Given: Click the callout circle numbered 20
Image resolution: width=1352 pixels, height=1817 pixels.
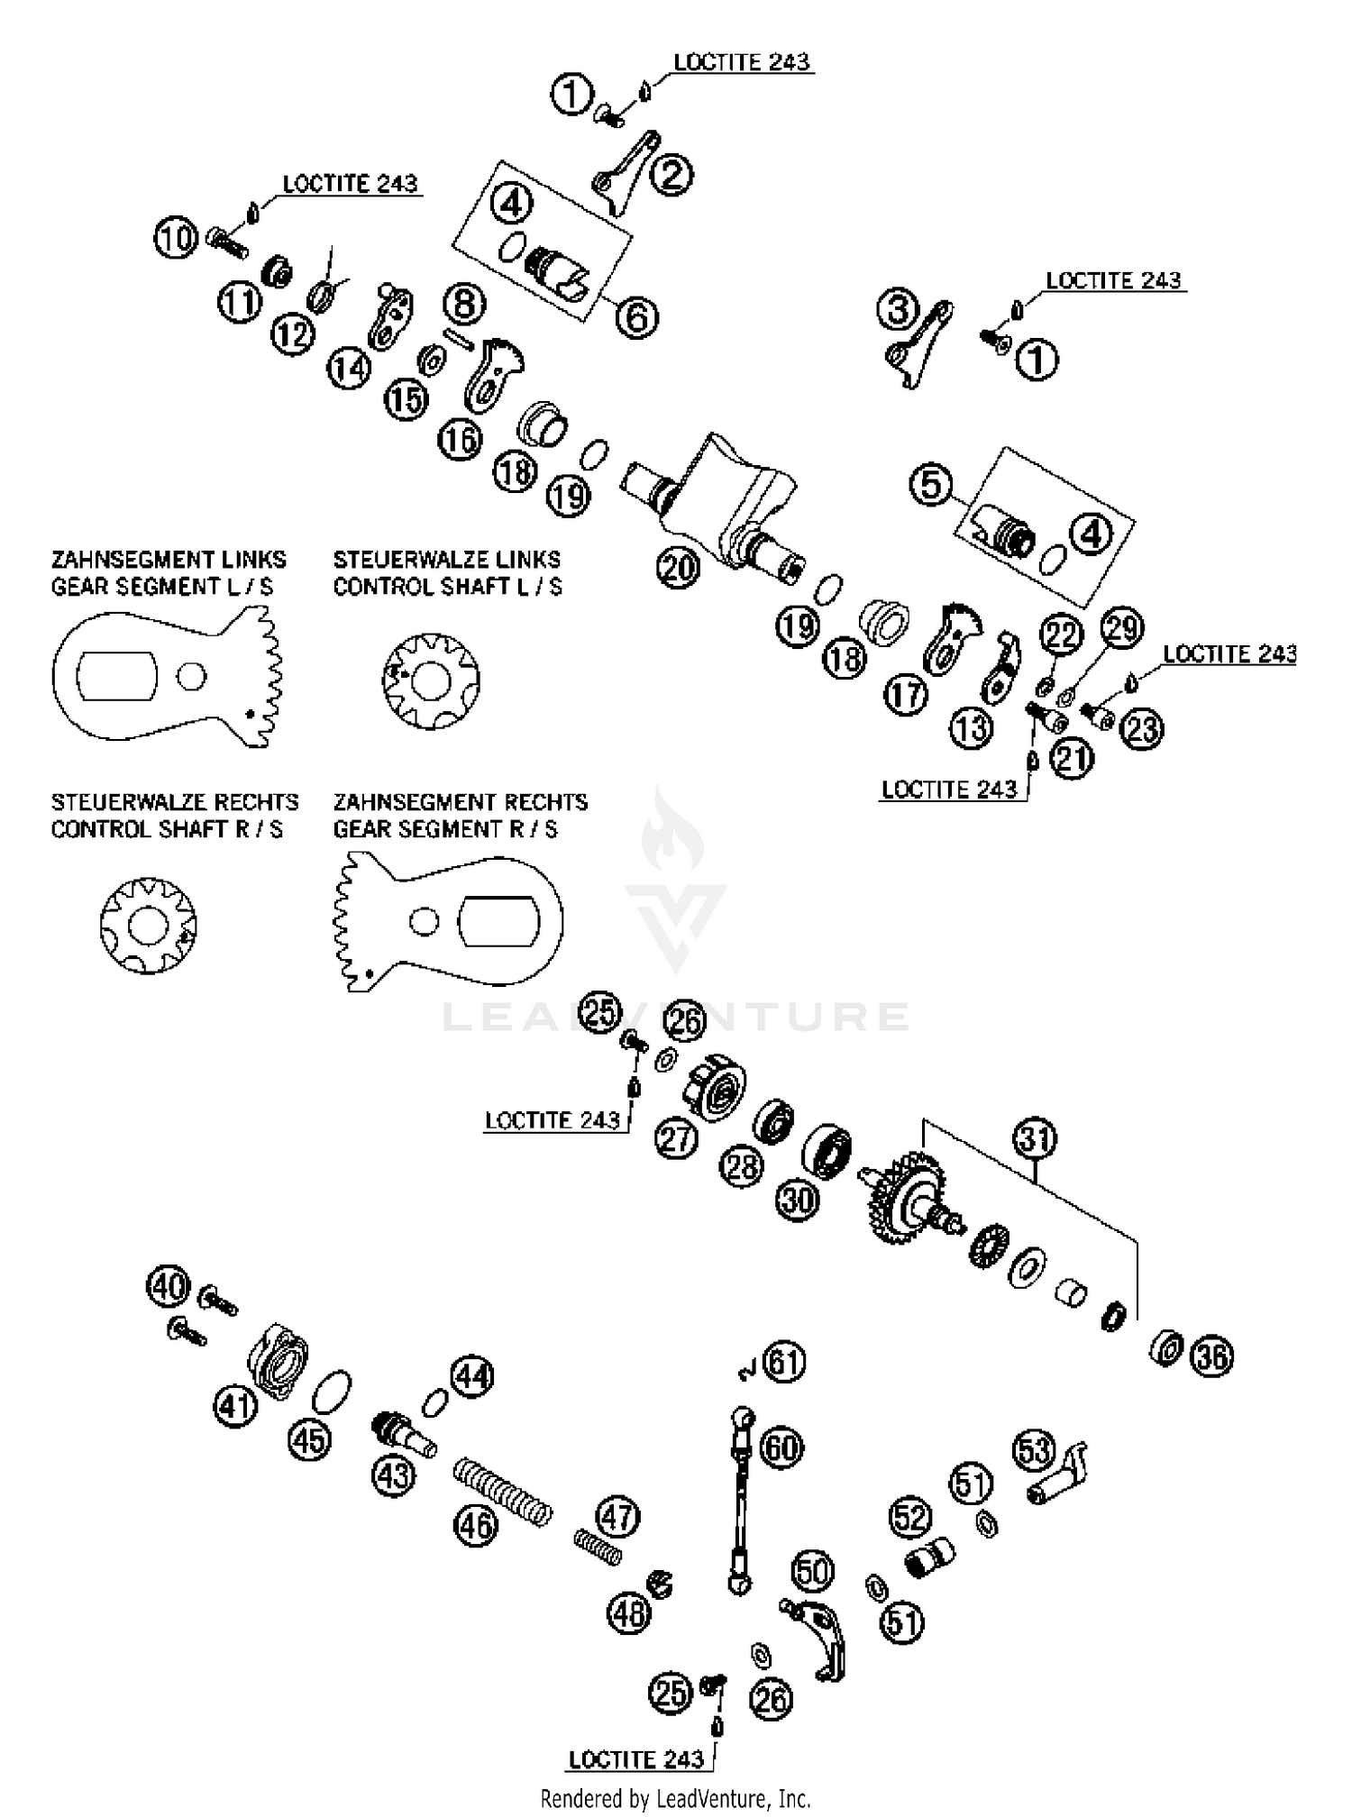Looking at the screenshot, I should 678,567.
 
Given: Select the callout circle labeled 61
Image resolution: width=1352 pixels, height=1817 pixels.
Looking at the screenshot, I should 784,1363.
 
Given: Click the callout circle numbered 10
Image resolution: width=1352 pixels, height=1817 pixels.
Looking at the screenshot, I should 176,238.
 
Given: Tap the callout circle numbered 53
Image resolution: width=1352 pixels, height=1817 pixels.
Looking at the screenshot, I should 1034,1451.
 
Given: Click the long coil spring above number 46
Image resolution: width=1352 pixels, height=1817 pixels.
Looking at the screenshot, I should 501,1493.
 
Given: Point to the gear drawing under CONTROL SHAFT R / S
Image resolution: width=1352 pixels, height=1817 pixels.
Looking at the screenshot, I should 148,926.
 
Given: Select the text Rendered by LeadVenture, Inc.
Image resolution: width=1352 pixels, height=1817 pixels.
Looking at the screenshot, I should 675,1799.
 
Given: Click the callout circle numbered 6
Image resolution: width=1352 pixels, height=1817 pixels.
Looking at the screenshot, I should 637,317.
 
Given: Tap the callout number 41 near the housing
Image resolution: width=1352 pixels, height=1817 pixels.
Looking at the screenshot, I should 236,1405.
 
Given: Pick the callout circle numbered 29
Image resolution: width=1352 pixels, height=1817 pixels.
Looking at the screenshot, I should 1121,628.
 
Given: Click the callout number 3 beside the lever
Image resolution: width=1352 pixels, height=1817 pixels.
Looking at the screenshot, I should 898,310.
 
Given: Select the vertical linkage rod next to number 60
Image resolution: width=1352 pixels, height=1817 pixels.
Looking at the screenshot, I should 740,1501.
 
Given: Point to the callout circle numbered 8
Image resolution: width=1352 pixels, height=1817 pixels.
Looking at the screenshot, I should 464,304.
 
